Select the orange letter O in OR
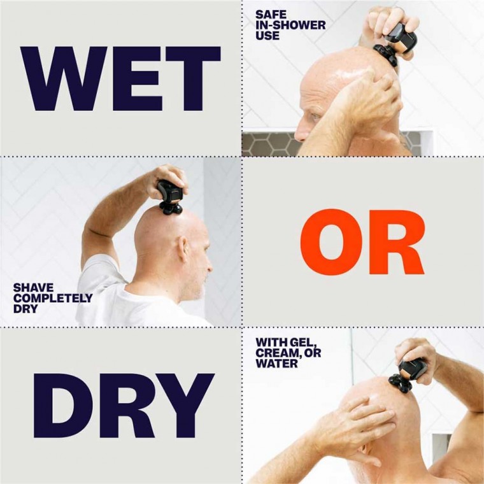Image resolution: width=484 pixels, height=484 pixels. click(333, 243)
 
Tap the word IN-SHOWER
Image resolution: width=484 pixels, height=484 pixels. click(290, 25)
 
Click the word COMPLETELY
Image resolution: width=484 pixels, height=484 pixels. click(53, 298)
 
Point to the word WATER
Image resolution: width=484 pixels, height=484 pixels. click(277, 364)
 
